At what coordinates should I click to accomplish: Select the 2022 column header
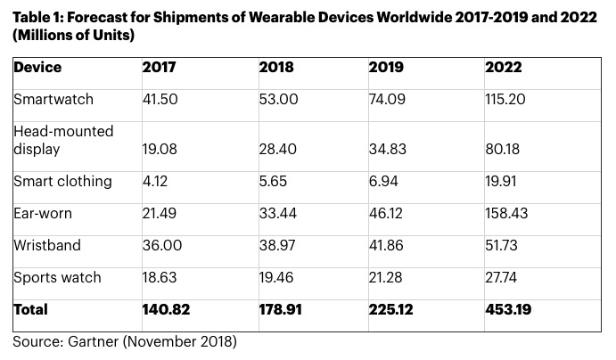pos(504,69)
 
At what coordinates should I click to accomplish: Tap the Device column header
pos(37,69)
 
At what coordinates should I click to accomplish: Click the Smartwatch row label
pos(53,101)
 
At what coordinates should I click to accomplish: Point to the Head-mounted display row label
pos(63,140)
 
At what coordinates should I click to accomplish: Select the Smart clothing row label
pos(62,181)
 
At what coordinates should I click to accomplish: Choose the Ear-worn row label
pos(43,213)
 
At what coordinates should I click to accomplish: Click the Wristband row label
pos(46,245)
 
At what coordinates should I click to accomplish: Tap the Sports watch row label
pos(57,277)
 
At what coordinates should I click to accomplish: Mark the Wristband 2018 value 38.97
pos(278,245)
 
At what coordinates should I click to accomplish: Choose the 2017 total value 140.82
pos(167,310)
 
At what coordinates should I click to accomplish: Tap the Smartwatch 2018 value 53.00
pos(278,101)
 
